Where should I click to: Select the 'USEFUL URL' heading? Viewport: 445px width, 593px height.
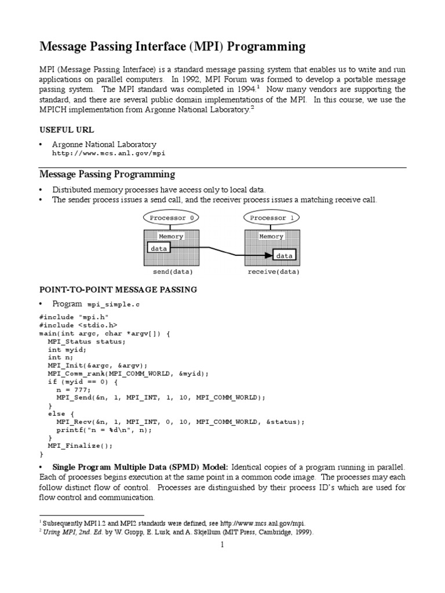coord(66,129)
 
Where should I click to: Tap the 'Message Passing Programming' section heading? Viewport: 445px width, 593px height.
coord(107,174)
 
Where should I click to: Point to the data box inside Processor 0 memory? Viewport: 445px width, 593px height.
coord(158,248)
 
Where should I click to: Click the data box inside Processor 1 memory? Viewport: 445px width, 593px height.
coord(284,255)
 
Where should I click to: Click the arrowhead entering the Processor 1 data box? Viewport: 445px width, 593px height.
coord(268,255)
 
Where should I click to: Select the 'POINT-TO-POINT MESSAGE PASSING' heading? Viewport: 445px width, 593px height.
coord(118,289)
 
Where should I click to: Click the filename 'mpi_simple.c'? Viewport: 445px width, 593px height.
coord(114,304)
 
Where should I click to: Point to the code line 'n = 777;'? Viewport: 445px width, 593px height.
coord(74,390)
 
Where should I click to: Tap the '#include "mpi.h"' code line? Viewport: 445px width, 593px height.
coord(74,317)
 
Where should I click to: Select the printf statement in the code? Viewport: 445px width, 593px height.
coord(104,430)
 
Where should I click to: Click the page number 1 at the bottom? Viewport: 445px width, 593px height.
coord(222,544)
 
